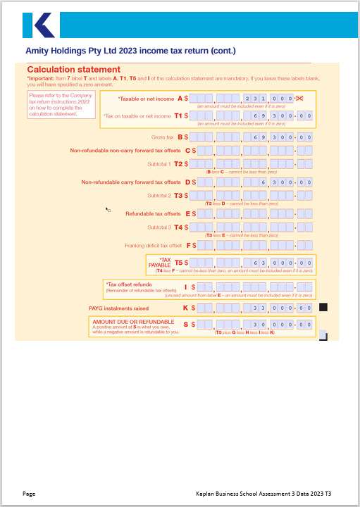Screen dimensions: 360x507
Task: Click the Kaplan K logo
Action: [x=38, y=25]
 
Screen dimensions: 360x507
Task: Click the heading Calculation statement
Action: [x=73, y=70]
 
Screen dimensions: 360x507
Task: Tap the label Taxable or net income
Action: [x=147, y=99]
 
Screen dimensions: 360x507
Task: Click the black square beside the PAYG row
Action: [x=323, y=307]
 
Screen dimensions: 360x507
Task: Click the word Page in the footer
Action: [x=29, y=494]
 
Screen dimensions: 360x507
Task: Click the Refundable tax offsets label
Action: [x=153, y=213]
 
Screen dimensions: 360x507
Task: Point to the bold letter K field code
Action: [x=185, y=308]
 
